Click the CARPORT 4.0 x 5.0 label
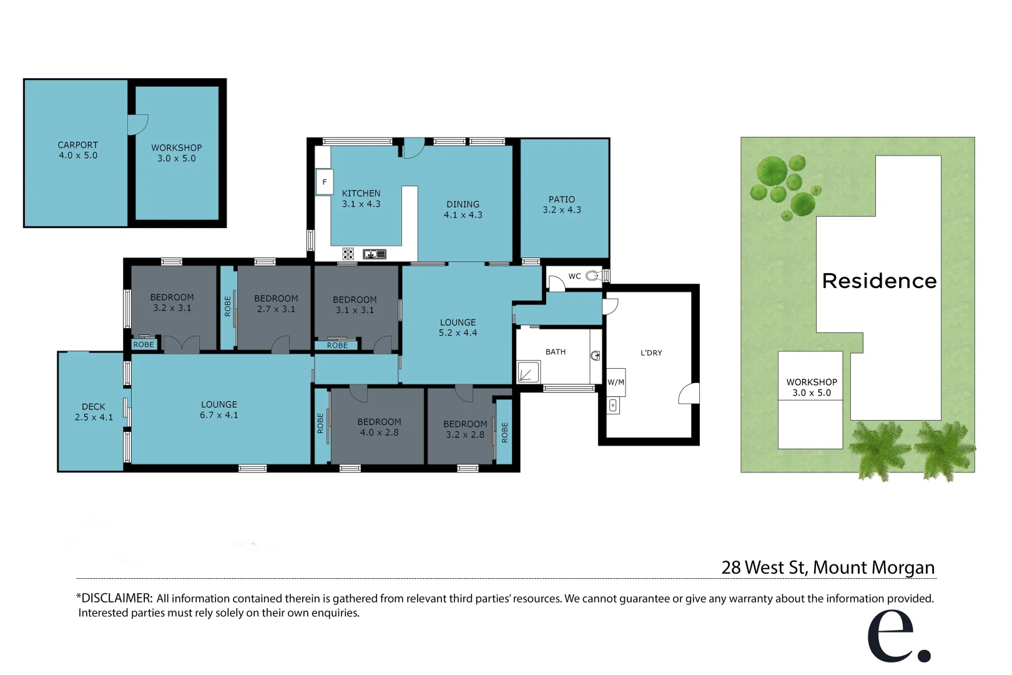click(x=78, y=150)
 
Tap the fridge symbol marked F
click(x=324, y=182)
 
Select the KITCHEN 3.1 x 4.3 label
click(x=361, y=199)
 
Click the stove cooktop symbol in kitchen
click(x=348, y=254)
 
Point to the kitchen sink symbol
click(x=375, y=254)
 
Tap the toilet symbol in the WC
click(x=592, y=276)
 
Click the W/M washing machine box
click(x=616, y=382)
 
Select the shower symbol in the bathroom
click(x=528, y=373)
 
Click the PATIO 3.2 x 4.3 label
click(x=562, y=204)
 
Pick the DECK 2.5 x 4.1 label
click(x=94, y=412)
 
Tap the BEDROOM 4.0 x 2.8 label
click(x=379, y=427)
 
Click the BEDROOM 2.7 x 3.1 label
click(x=276, y=304)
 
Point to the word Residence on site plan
click(x=879, y=281)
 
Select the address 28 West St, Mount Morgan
click(x=828, y=567)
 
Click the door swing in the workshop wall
click(x=137, y=124)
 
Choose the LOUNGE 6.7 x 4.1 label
click(x=219, y=409)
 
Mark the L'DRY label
click(x=651, y=352)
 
